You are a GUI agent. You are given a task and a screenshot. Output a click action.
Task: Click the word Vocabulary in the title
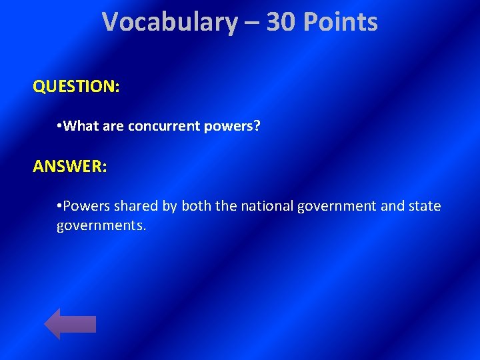click(170, 23)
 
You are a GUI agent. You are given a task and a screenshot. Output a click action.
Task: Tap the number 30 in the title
click(281, 23)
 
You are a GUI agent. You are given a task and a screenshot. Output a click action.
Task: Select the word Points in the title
click(341, 23)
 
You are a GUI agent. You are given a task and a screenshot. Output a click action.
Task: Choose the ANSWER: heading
click(69, 167)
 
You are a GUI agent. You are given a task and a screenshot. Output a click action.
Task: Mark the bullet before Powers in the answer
click(59, 206)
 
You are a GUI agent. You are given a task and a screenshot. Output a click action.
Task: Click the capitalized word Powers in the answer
click(85, 206)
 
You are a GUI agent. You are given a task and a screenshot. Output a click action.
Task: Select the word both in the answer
click(196, 206)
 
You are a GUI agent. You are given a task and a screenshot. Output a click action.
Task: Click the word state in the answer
click(425, 206)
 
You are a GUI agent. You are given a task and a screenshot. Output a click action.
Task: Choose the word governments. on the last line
click(101, 226)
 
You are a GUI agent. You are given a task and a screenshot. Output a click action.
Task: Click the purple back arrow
click(70, 324)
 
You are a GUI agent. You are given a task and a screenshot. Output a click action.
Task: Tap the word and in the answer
click(391, 206)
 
